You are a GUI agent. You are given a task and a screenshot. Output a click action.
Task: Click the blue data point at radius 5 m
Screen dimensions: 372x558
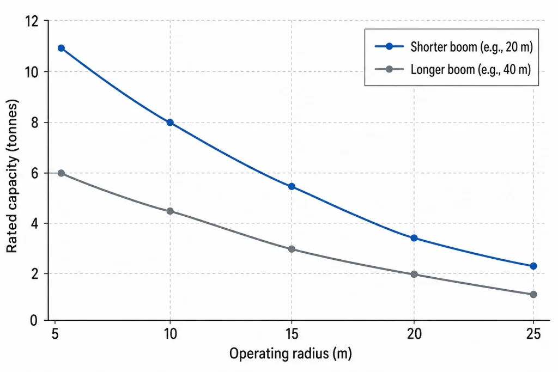tap(61, 48)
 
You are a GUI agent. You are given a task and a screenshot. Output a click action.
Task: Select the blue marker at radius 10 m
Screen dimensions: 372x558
tap(170, 123)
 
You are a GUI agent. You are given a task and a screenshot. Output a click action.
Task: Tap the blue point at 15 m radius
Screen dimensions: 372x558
tap(292, 186)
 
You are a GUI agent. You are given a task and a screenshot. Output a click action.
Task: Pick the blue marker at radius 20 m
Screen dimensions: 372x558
tap(414, 238)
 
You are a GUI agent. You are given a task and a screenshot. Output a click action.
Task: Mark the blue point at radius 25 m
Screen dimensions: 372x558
tap(533, 266)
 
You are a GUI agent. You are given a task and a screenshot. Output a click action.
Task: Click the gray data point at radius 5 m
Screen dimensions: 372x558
tap(61, 173)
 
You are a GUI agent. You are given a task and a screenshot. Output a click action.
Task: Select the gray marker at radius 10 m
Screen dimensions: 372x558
tap(170, 211)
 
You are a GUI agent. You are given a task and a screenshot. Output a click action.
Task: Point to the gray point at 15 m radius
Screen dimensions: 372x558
tap(292, 249)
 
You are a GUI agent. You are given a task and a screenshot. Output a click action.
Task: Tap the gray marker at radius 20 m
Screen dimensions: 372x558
tap(414, 274)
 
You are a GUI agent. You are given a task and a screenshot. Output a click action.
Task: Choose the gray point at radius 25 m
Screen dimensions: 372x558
tap(533, 294)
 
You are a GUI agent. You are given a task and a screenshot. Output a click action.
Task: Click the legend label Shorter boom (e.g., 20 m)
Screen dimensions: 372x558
tap(471, 47)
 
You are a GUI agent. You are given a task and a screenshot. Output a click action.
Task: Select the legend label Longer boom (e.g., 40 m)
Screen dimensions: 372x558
tap(471, 70)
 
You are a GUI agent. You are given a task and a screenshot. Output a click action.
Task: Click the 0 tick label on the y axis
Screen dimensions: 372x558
tap(34, 320)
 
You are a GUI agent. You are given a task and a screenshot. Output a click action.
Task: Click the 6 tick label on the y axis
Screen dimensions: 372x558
tap(34, 173)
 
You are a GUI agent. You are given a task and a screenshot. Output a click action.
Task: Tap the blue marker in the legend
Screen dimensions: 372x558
tap(389, 47)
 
